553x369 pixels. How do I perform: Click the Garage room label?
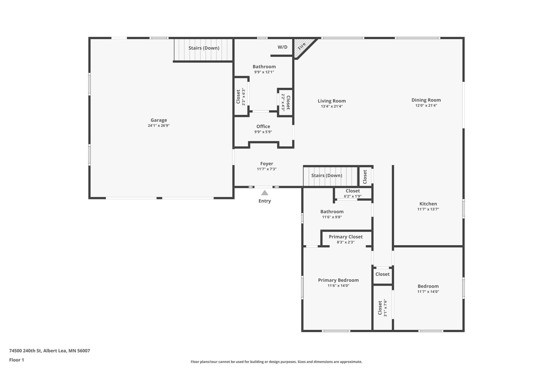coord(159,120)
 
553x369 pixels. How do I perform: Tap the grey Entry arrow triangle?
coord(265,193)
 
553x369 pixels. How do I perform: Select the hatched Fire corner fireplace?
coord(303,47)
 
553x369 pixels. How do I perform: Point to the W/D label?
coord(282,47)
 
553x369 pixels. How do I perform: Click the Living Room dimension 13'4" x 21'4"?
coord(332,106)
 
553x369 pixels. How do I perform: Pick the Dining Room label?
coord(426,100)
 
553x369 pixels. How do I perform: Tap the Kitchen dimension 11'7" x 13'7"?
coord(428,209)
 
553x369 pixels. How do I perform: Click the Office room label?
coord(263,126)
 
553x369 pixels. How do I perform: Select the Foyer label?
coord(267,164)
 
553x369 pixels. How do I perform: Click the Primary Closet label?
coord(346,237)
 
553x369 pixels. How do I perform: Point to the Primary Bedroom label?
coord(338,280)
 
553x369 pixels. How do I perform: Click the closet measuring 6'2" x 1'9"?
coord(353,194)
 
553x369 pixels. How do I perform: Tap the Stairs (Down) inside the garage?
coord(204,48)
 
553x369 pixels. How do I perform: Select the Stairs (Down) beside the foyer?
coord(326,175)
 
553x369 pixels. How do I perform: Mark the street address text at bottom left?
coord(50,351)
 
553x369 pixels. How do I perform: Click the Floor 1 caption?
coord(16,360)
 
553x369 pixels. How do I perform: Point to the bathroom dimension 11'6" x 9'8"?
coord(332,217)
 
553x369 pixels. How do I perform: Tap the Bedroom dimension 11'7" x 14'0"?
coord(428,292)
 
